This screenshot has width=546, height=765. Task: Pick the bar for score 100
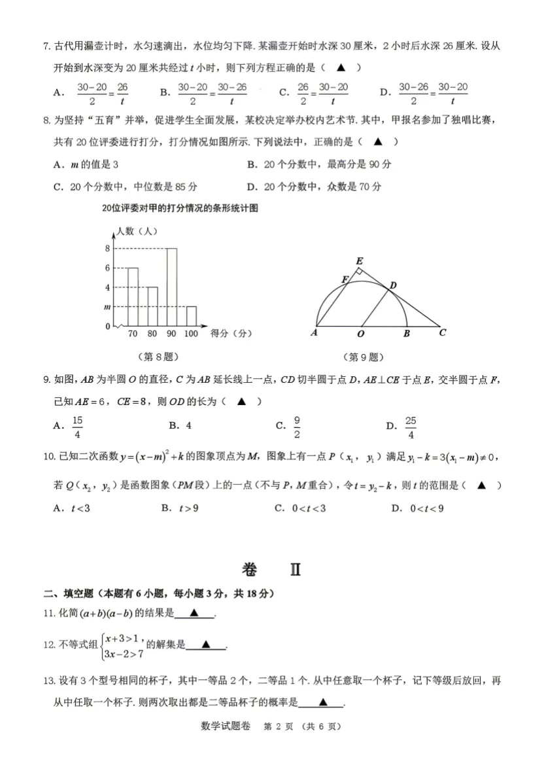(x=191, y=315)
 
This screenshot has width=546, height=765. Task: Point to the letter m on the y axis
(x=107, y=307)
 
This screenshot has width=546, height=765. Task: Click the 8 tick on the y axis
(x=107, y=248)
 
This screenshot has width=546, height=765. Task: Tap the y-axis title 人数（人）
(x=135, y=230)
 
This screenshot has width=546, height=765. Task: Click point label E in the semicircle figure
(x=359, y=261)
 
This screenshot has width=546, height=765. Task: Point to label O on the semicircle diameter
(x=360, y=334)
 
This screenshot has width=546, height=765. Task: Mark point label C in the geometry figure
(x=443, y=332)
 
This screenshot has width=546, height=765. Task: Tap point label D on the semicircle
(x=393, y=285)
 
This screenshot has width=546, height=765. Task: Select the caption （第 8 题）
(x=158, y=357)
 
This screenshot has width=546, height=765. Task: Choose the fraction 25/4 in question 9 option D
(x=411, y=427)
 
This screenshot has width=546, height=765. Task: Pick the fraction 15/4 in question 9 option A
(x=78, y=427)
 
